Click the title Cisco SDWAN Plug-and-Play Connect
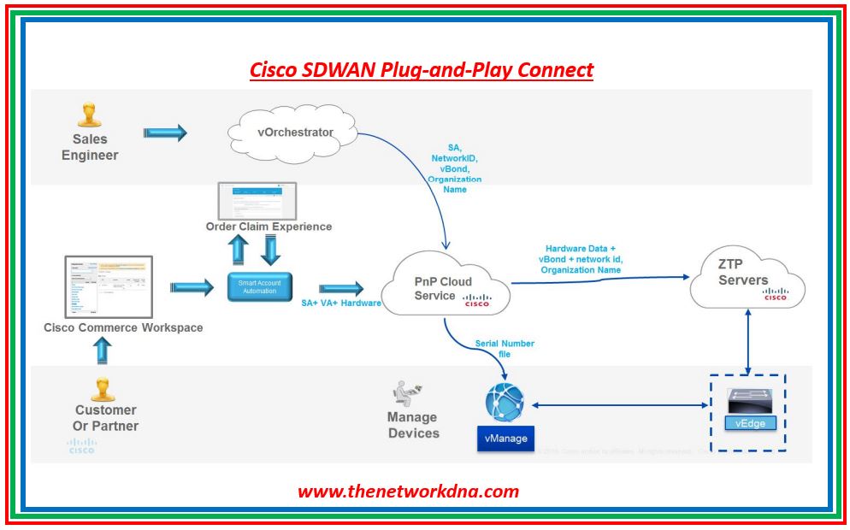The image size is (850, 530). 422,69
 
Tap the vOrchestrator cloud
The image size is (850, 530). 292,133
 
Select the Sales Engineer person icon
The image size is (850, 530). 89,115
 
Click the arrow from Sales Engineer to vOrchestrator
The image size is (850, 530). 165,132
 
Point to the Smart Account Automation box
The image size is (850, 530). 259,286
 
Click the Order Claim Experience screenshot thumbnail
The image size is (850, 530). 257,200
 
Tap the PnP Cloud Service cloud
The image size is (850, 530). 445,288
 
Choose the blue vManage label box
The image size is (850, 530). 505,439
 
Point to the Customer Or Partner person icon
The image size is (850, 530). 103,389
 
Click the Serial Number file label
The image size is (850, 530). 505,348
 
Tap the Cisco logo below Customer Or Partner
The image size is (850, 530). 82,446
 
